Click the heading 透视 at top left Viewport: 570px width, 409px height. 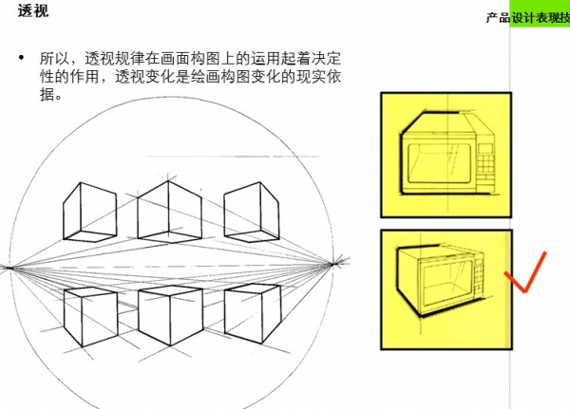point(33,9)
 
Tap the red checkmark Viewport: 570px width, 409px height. point(524,273)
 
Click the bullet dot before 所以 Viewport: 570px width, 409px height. point(22,57)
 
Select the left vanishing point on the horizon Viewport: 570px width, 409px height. point(10,268)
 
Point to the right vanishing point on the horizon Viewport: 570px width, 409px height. point(333,263)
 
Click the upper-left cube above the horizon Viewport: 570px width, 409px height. point(90,212)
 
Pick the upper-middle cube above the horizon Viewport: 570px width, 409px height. point(169,212)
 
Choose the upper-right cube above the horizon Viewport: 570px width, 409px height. point(252,212)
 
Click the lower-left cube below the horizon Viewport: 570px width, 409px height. point(90,316)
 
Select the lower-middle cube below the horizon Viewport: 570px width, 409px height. point(170,315)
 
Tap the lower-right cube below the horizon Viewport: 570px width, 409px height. point(253,314)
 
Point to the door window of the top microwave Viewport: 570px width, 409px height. point(439,163)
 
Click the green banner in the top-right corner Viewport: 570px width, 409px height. point(540,13)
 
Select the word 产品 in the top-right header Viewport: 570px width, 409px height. point(498,17)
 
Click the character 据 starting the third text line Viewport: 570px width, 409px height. point(47,94)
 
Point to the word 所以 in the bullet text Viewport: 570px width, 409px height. point(55,59)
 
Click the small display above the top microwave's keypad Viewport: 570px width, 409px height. point(485,148)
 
